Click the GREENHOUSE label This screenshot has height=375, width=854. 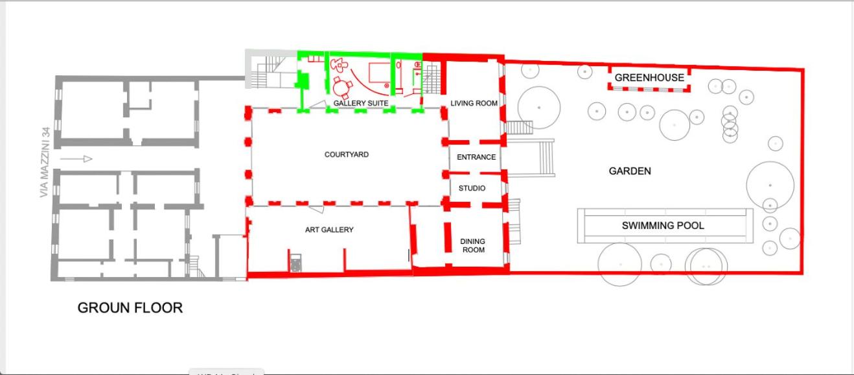tap(649, 78)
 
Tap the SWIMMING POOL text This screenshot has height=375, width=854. tap(663, 226)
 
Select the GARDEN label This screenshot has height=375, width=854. tap(630, 171)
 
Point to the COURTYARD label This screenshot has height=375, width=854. tap(347, 154)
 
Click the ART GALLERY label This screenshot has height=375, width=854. tap(329, 230)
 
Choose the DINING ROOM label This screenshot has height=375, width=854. tap(473, 245)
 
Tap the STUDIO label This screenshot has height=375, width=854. tap(472, 188)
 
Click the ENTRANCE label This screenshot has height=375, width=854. tap(476, 157)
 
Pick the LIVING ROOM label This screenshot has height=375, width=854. tap(474, 103)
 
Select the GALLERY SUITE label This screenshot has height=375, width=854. tap(361, 103)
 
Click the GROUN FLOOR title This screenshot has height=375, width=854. tap(130, 308)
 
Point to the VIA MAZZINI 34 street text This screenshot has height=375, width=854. tap(45, 162)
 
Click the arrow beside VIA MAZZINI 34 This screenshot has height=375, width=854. tap(76, 159)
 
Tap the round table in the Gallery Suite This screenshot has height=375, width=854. tap(342, 88)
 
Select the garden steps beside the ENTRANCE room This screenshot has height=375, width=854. tap(531, 158)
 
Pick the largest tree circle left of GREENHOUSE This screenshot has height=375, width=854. tap(538, 108)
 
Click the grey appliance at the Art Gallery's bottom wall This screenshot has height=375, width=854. tap(295, 263)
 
